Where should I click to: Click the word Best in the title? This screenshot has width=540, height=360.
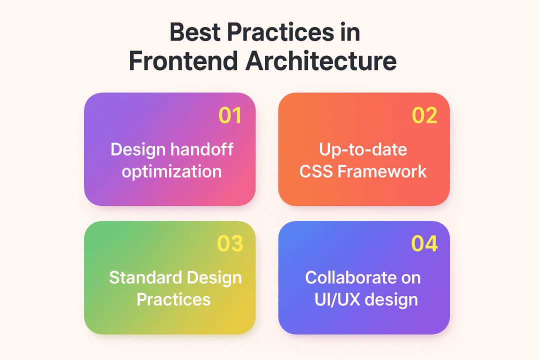click(x=195, y=32)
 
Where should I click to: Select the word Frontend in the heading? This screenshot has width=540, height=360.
click(x=183, y=61)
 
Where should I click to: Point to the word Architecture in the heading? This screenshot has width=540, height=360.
click(x=321, y=61)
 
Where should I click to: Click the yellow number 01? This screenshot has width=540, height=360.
click(x=230, y=115)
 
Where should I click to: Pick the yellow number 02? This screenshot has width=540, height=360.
click(x=424, y=115)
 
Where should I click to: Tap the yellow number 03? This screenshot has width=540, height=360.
click(x=230, y=243)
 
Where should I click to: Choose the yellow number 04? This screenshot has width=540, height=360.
click(x=424, y=243)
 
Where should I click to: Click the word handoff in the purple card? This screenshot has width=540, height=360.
click(x=202, y=149)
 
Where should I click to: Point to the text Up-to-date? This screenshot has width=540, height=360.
click(x=363, y=150)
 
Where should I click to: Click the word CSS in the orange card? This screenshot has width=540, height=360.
click(x=316, y=171)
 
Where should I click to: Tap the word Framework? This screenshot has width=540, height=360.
click(x=382, y=171)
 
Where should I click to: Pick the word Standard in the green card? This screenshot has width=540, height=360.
click(x=146, y=277)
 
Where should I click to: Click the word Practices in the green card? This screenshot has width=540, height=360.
click(x=173, y=299)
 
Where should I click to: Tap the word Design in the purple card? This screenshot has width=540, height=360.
click(x=138, y=150)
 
